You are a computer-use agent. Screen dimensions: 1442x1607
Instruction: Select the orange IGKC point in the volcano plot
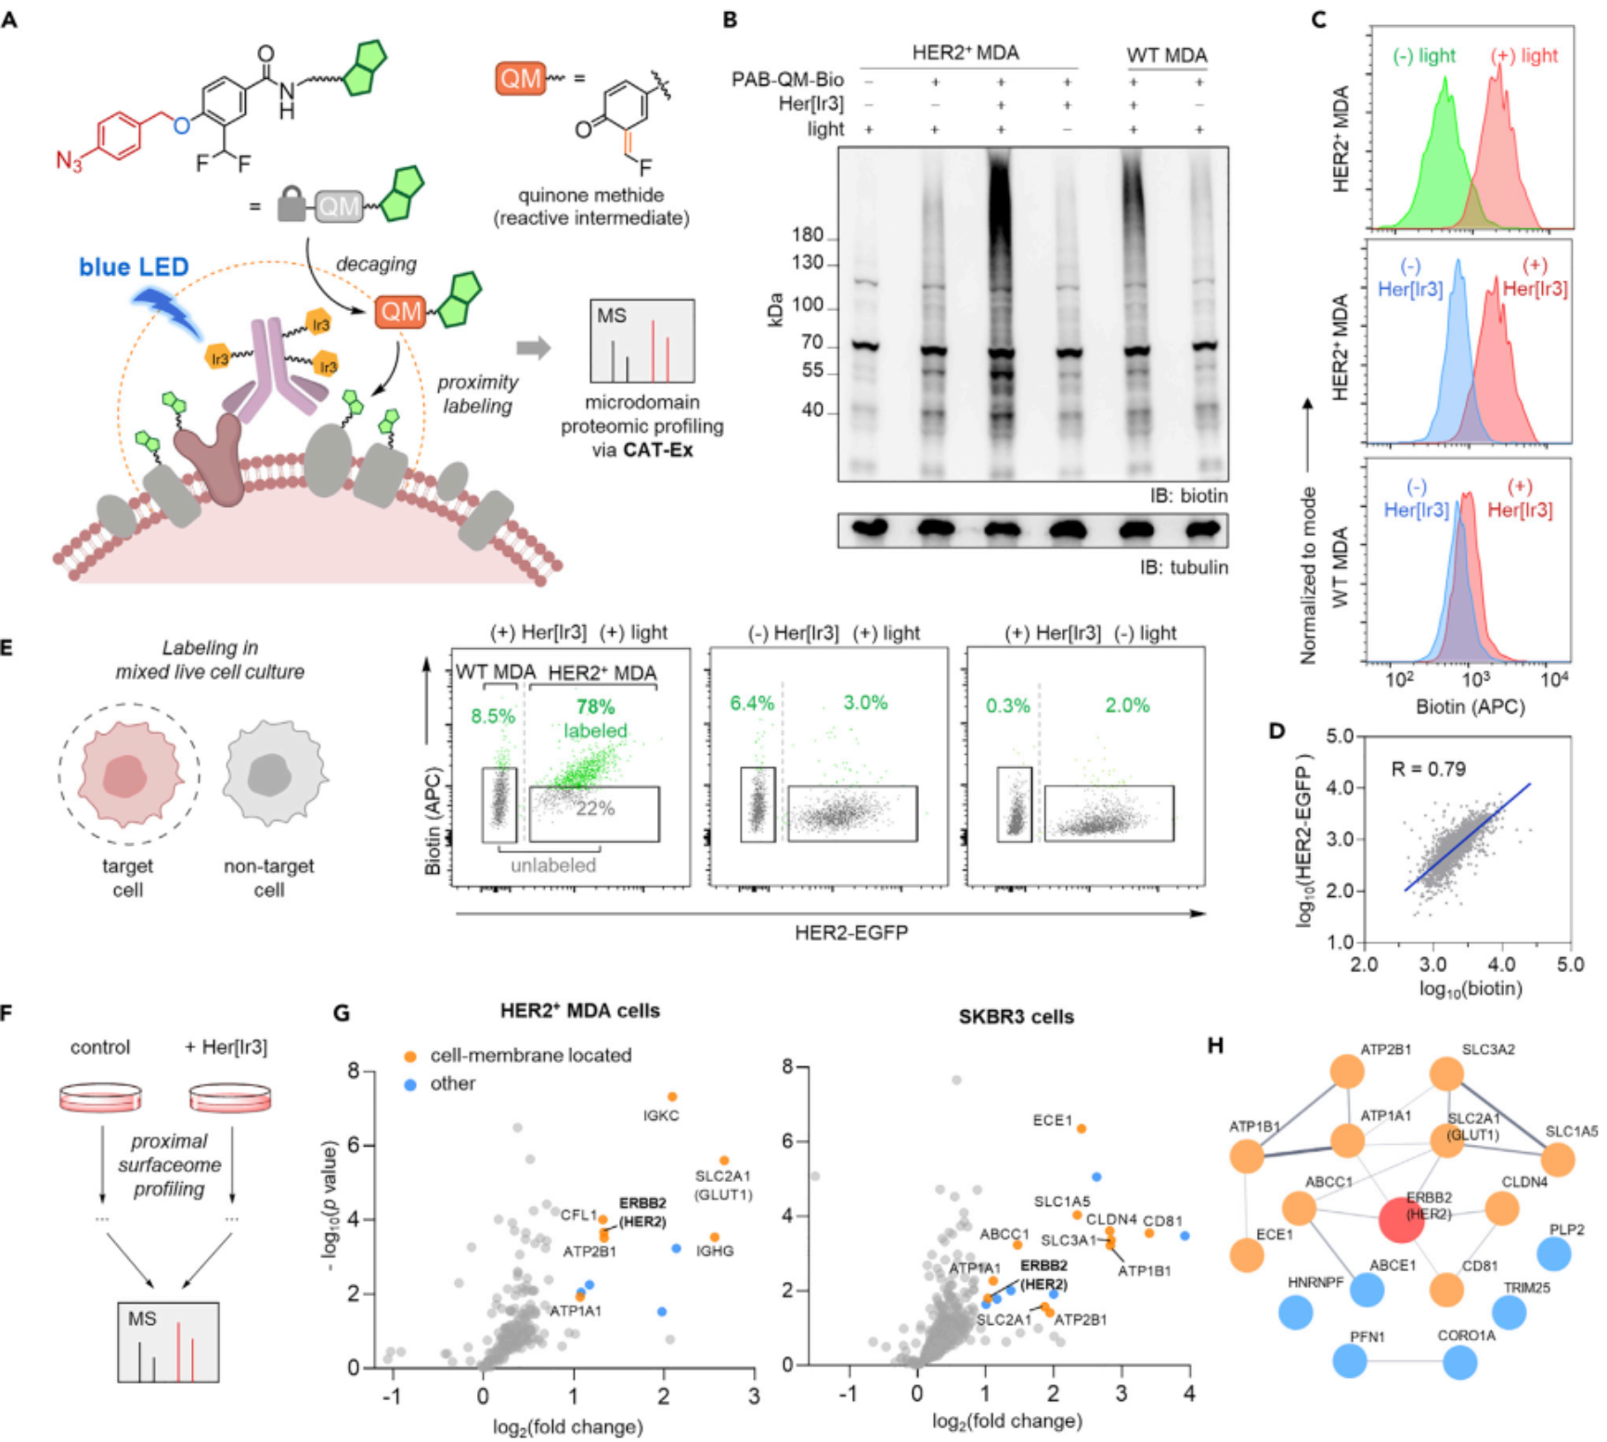pos(672,1097)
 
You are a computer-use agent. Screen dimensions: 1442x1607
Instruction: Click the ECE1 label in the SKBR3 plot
pos(1052,1121)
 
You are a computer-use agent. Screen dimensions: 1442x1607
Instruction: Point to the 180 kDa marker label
pos(808,235)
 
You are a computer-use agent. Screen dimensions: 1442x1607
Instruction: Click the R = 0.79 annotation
pos(1428,769)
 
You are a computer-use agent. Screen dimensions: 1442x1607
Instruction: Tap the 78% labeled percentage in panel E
pos(595,708)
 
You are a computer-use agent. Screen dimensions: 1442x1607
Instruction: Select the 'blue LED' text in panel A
pos(134,267)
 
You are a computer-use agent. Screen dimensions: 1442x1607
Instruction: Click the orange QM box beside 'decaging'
pos(400,311)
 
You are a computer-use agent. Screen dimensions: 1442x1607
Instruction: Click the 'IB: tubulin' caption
pos(1184,567)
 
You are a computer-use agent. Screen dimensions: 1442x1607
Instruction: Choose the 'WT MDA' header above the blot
pos(1166,56)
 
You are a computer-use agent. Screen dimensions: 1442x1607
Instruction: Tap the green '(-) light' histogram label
pos(1424,56)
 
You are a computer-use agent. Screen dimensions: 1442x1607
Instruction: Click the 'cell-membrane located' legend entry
pos(530,1055)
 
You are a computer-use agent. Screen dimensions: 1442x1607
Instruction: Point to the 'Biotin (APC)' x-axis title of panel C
pos(1470,707)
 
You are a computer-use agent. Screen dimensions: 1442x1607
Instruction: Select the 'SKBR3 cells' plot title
pos(1016,1017)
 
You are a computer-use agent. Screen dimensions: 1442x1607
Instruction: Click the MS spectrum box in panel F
pos(168,1342)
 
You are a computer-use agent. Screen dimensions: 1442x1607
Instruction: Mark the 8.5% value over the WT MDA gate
pos(492,716)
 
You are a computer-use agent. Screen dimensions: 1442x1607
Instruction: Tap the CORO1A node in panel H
pos(1460,1362)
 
